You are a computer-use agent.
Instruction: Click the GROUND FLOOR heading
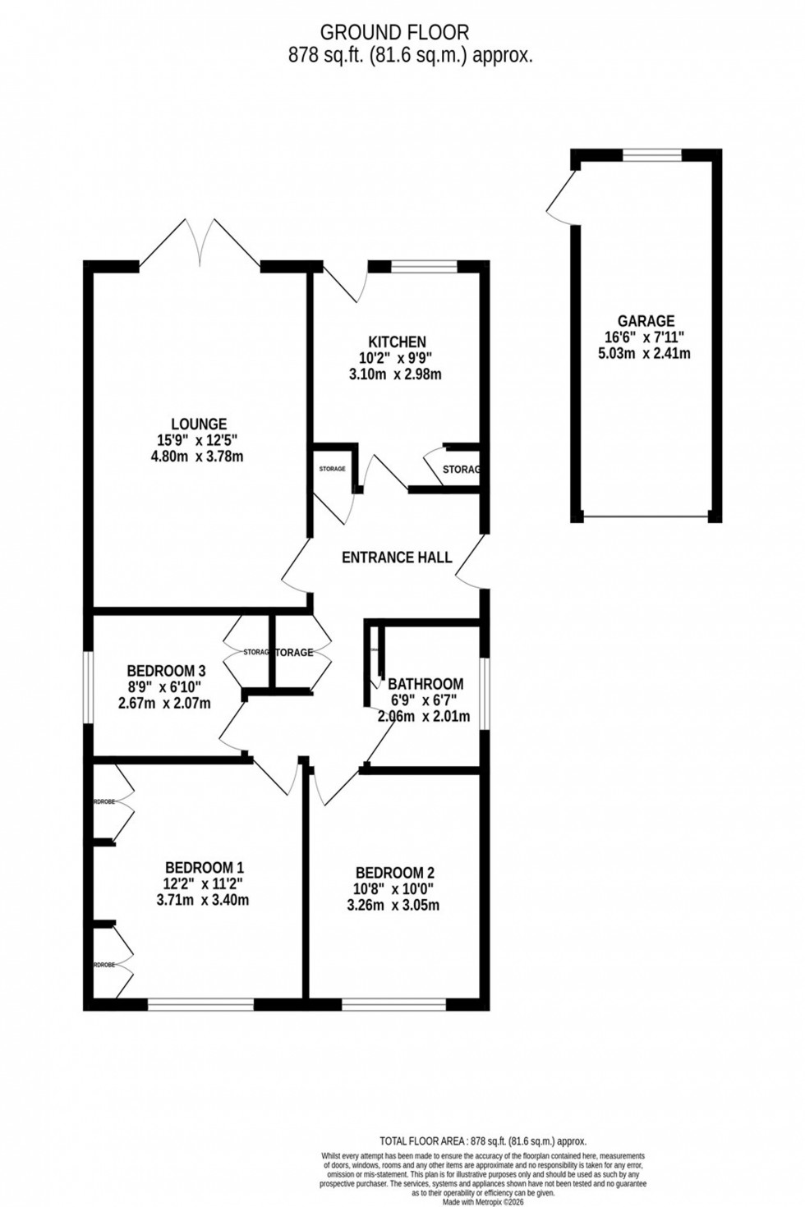point(394,33)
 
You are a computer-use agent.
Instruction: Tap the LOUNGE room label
point(199,425)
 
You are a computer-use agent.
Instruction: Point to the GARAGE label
point(646,322)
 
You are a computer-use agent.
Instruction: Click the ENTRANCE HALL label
point(397,558)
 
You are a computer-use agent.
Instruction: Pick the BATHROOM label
point(425,684)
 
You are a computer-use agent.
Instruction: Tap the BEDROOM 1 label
point(205,868)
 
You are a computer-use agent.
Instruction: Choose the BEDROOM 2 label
point(394,874)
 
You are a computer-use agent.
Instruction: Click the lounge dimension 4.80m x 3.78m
point(199,457)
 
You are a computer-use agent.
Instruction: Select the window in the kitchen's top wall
point(423,266)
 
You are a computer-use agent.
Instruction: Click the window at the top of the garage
point(652,154)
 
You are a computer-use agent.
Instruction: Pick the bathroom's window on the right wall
point(485,693)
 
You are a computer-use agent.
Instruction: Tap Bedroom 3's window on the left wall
point(88,687)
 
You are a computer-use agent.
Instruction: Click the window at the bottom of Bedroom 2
point(394,1003)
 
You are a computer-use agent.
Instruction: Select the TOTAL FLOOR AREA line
point(483,1141)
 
